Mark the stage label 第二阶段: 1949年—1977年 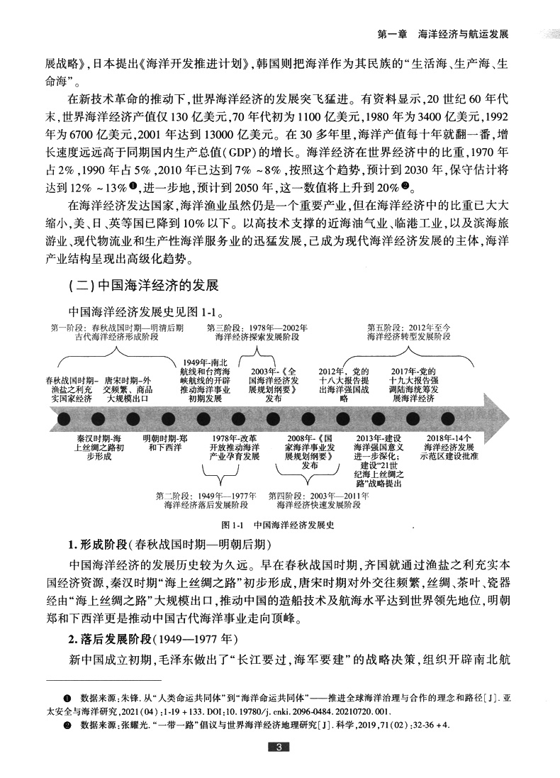coord(205,500)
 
